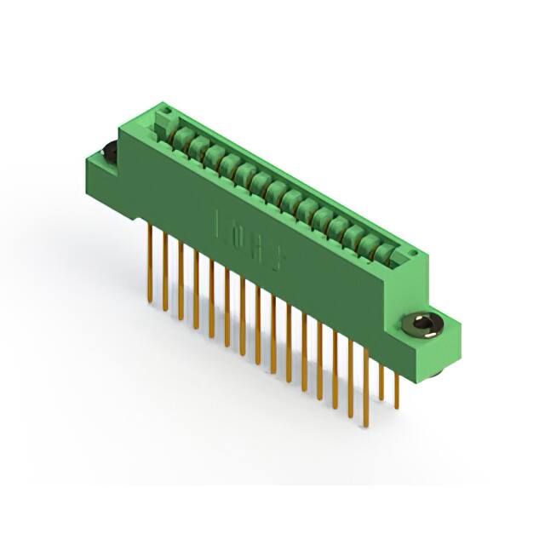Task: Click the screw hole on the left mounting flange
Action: pos(110,152)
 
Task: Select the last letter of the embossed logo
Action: pos(277,256)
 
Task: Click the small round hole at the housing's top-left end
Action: pos(169,111)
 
